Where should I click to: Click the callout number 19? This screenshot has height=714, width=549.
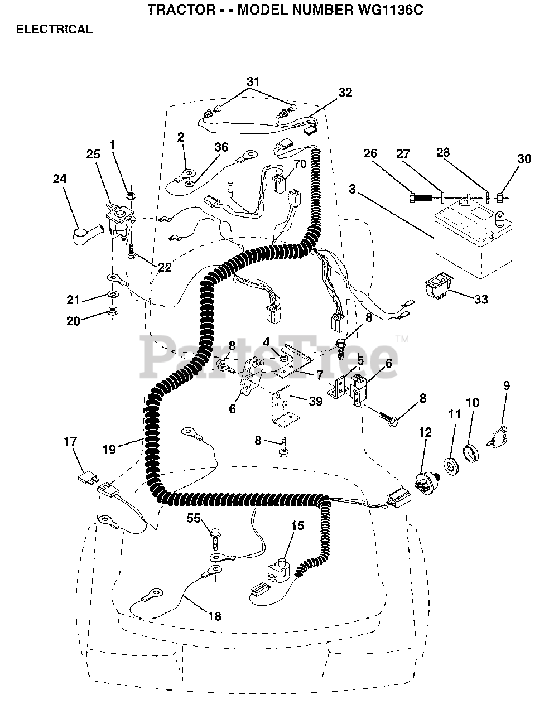[109, 448]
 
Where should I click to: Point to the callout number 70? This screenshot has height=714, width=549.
[300, 164]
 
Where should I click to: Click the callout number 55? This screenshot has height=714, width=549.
[194, 518]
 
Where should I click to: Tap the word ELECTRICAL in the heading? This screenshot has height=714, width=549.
[54, 30]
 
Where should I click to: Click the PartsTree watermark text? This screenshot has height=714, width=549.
[273, 353]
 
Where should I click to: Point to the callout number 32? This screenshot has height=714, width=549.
[345, 93]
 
